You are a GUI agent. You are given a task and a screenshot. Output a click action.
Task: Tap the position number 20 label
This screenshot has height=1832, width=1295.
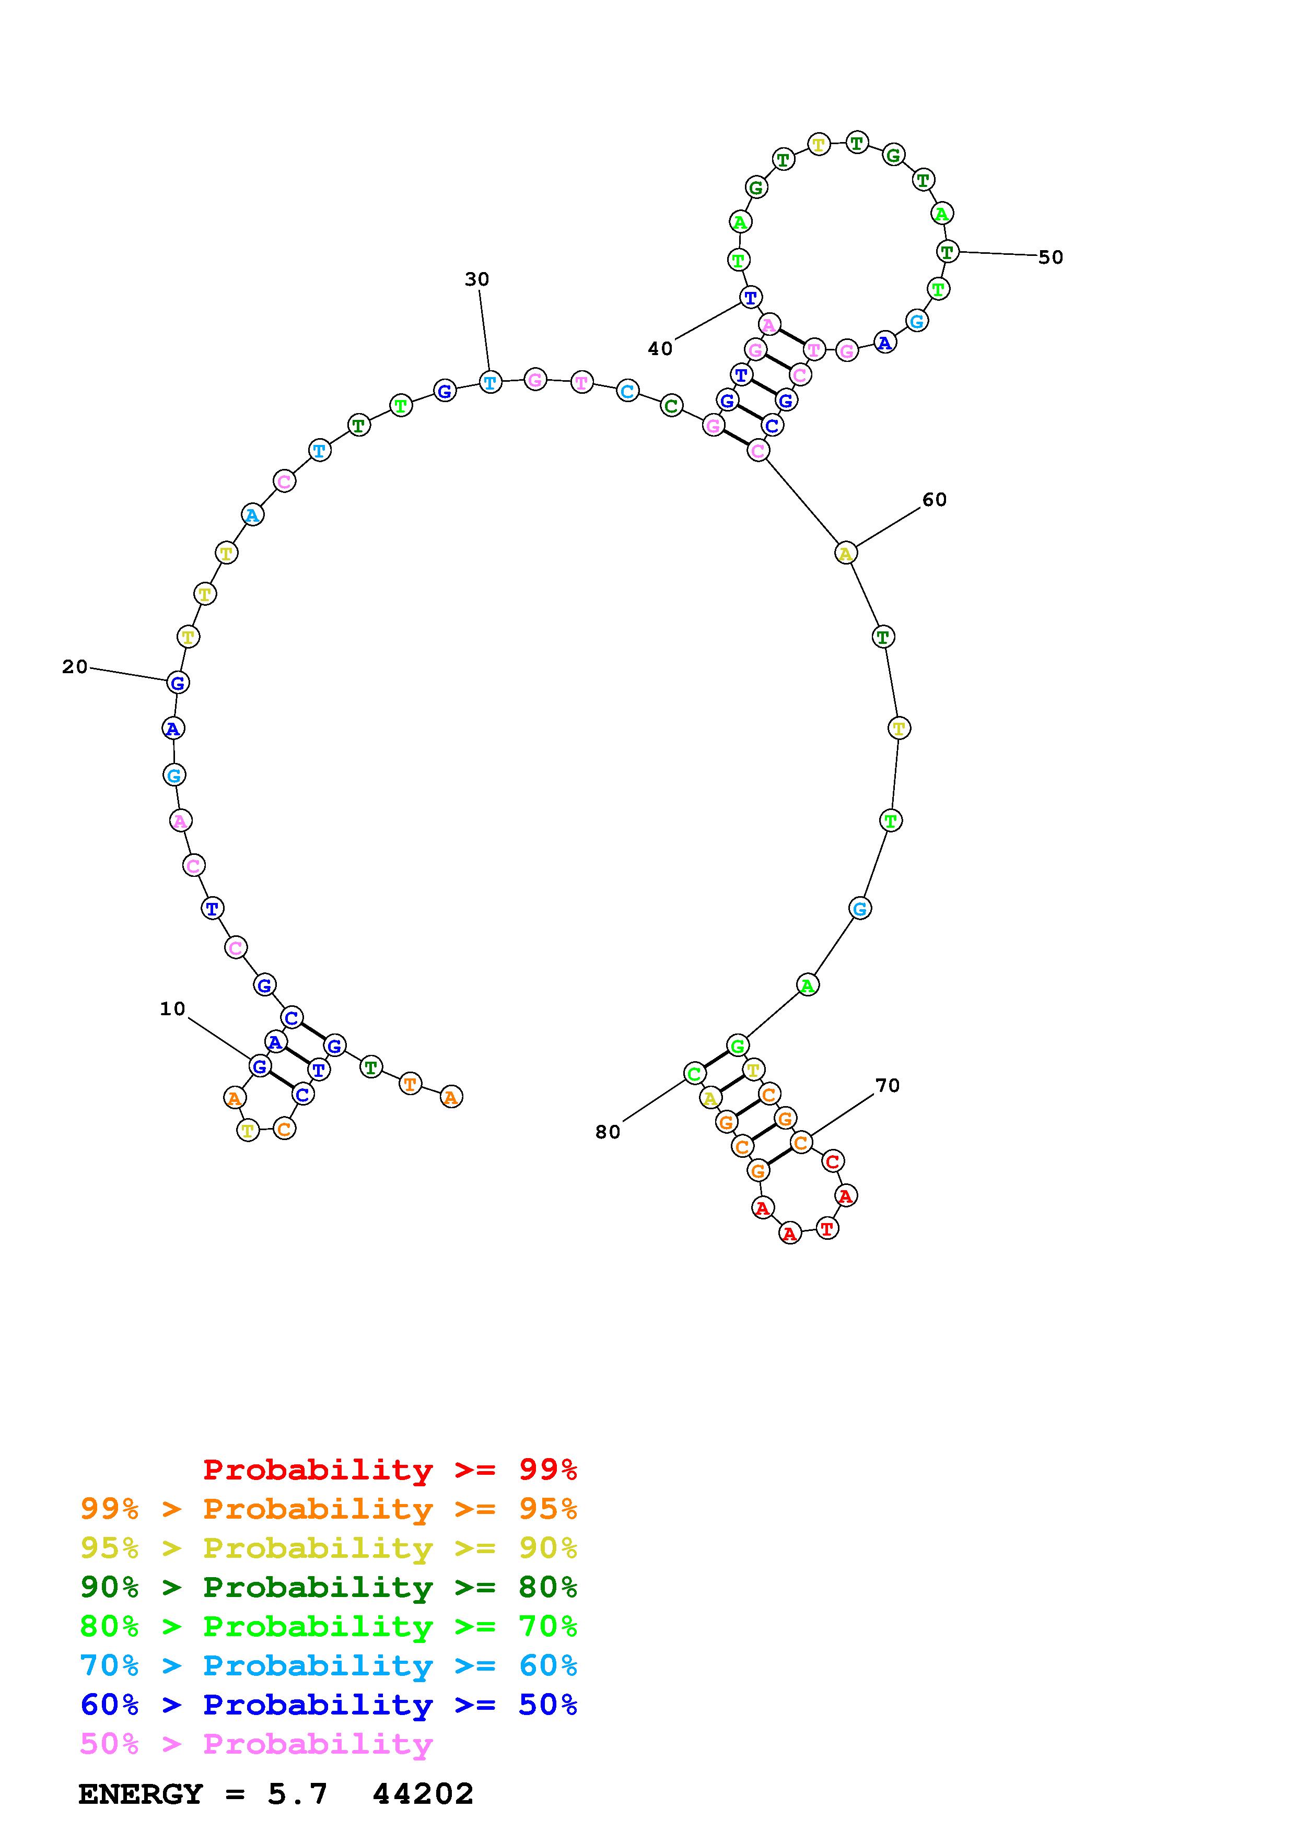(75, 666)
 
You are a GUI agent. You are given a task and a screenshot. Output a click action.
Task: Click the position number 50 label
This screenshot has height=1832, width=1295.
(1051, 257)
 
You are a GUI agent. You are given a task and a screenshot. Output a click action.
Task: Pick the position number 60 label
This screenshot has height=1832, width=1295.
(935, 499)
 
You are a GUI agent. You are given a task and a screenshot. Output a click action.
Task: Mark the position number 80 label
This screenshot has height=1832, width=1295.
(608, 1132)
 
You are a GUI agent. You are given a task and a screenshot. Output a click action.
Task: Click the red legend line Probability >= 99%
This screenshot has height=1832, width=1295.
(390, 1469)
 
